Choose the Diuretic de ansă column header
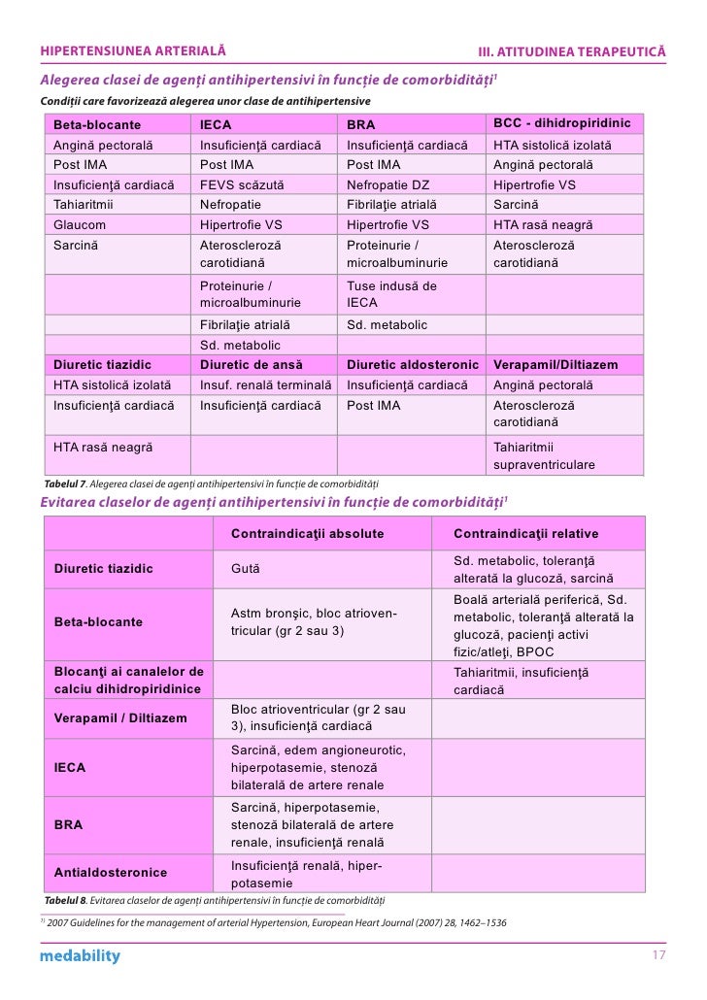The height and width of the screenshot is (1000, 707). tap(252, 365)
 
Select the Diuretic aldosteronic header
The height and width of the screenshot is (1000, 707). tap(413, 365)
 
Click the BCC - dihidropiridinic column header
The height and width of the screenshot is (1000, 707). tap(561, 124)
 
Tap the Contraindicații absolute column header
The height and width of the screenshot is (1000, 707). tap(307, 534)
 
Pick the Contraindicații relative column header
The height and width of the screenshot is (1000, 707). tap(525, 534)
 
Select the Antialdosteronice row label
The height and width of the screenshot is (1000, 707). tap(110, 873)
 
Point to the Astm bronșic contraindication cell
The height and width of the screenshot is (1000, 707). tap(314, 621)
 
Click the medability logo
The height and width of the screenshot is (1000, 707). tap(80, 956)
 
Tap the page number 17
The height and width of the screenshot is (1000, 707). tap(658, 956)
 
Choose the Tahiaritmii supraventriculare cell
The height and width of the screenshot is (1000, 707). tap(544, 455)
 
